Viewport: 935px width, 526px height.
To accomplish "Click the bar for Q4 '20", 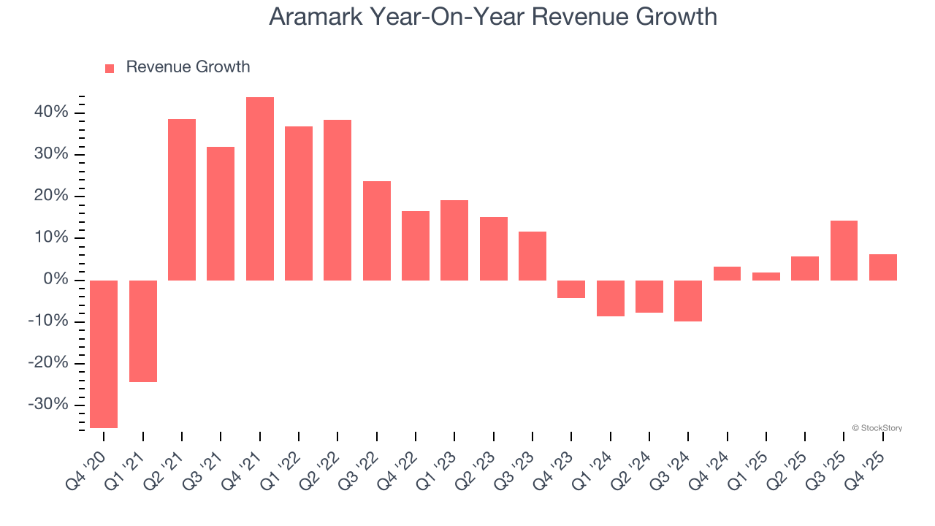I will pyautogui.click(x=104, y=354).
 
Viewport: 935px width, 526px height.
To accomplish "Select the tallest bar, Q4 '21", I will pyautogui.click(x=260, y=188).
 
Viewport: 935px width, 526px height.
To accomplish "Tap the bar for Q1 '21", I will pyautogui.click(x=143, y=331).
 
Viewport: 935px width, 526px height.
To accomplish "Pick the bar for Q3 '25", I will pyautogui.click(x=844, y=251).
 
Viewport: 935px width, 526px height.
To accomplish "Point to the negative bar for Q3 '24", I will pyautogui.click(x=688, y=300).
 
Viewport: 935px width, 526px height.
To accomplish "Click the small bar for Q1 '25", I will pyautogui.click(x=766, y=276).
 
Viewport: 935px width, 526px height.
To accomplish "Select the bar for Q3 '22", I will pyautogui.click(x=377, y=230).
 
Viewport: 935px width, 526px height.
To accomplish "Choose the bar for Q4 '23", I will pyautogui.click(x=571, y=289).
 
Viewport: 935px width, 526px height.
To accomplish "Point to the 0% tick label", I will pyautogui.click(x=59, y=280).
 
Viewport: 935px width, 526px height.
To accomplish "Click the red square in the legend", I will pyautogui.click(x=110, y=69).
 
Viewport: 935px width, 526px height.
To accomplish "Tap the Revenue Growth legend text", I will pyautogui.click(x=188, y=67).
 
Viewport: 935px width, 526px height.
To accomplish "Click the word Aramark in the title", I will pyautogui.click(x=317, y=16).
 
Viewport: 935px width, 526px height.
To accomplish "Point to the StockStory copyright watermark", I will pyautogui.click(x=877, y=428).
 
